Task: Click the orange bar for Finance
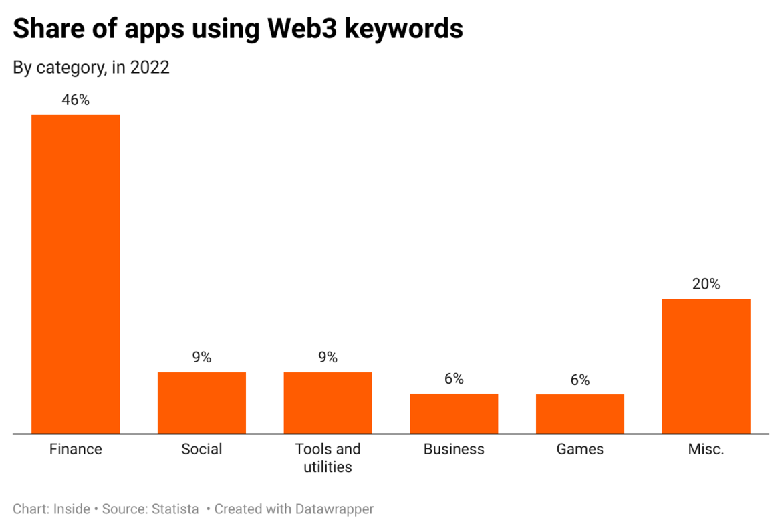(x=76, y=274)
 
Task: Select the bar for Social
(x=202, y=402)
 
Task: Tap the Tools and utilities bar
(x=328, y=402)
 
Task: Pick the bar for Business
(x=454, y=413)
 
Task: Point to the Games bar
(x=580, y=414)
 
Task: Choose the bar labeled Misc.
(x=706, y=366)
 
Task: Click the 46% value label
(x=76, y=100)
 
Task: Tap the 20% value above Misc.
(x=706, y=284)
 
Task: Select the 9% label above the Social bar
(x=202, y=358)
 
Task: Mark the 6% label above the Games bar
(x=580, y=380)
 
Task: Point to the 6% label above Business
(x=454, y=379)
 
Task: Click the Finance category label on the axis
(x=76, y=449)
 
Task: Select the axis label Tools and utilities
(x=328, y=458)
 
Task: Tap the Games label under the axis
(x=580, y=449)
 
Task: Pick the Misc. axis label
(x=706, y=449)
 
